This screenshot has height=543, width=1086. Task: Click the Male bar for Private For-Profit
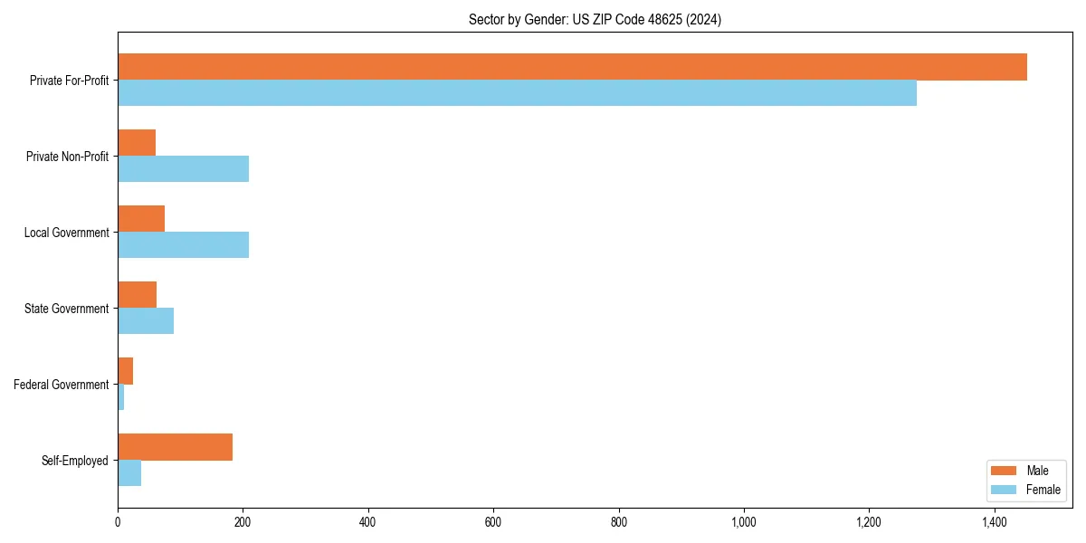572,67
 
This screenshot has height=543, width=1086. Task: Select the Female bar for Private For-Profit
517,93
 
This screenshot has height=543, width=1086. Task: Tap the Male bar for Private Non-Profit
137,143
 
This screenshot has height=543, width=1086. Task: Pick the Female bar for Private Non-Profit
183,169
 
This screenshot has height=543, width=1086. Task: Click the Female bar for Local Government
183,245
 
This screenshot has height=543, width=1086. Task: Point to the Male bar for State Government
137,295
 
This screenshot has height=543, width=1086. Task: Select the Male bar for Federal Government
125,371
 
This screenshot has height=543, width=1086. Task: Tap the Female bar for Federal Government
120,397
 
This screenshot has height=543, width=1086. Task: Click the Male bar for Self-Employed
175,447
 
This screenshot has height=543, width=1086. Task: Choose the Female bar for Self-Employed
129,473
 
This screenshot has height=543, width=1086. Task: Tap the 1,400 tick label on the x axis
994,522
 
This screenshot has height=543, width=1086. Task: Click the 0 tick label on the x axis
118,522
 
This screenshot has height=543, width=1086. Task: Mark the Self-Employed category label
75,461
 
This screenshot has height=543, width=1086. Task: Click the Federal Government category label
62,385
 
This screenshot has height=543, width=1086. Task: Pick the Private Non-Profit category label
67,157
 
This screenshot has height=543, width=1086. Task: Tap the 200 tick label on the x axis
243,522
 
